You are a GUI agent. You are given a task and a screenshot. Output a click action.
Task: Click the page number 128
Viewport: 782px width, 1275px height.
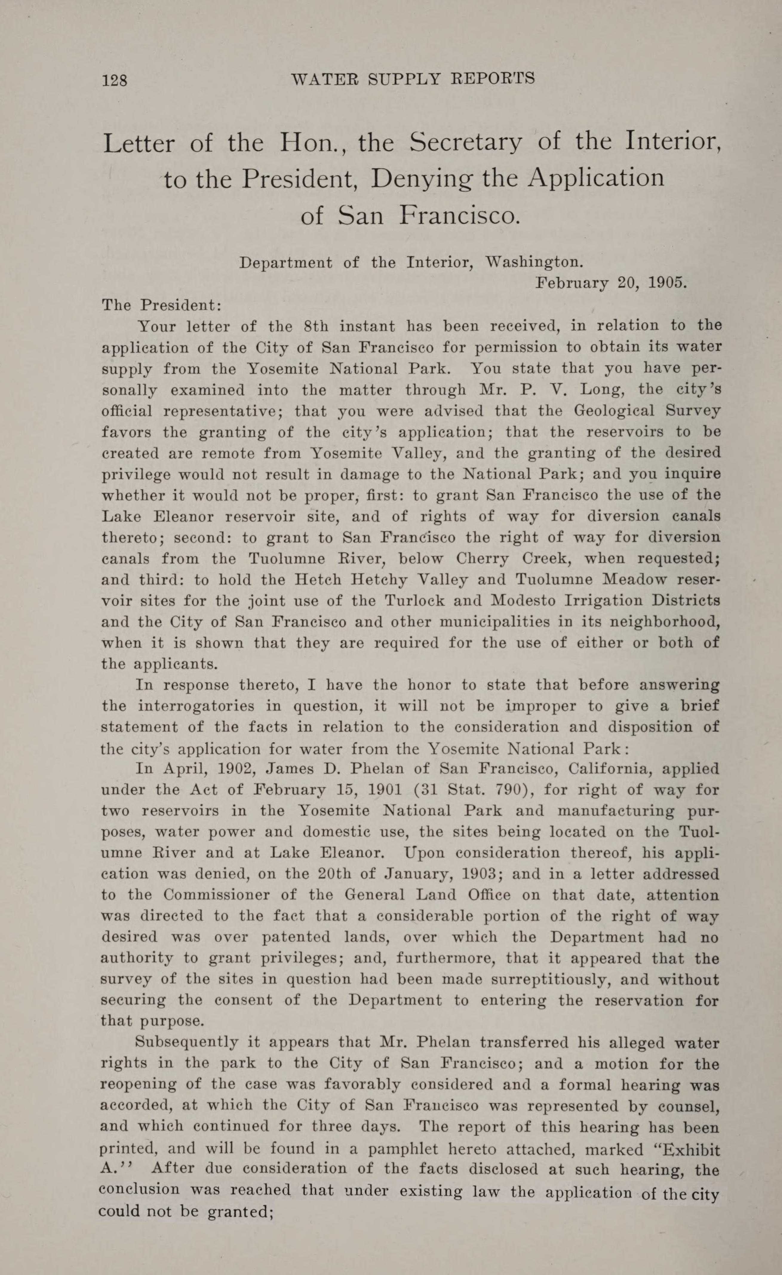pyautogui.click(x=115, y=80)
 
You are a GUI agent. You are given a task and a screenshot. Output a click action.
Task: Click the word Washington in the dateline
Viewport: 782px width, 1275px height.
pyautogui.click(x=533, y=262)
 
